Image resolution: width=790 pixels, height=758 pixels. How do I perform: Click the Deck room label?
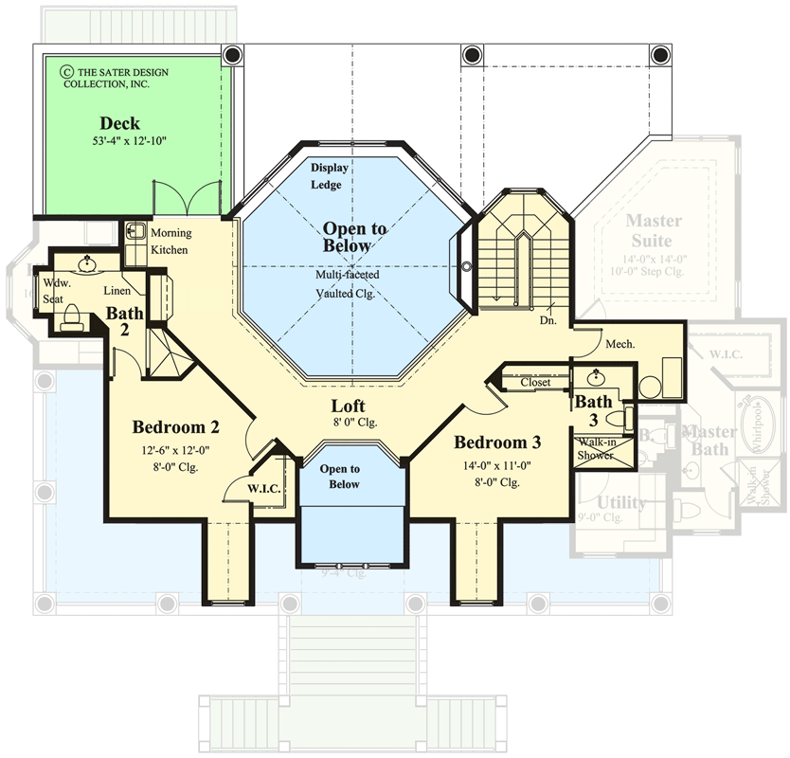(119, 123)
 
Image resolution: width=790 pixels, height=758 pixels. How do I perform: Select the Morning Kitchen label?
(171, 242)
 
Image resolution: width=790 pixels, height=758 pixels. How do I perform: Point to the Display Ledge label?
(331, 176)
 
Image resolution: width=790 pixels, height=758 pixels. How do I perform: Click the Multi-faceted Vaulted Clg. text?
(348, 283)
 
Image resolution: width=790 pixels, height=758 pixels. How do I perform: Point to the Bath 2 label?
(124, 321)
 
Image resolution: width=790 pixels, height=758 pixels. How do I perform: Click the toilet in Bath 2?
(72, 323)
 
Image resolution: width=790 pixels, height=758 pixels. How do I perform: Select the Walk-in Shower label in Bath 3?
(596, 449)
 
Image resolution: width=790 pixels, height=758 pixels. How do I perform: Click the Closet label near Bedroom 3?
(536, 383)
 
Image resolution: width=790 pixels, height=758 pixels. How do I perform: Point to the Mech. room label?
(619, 344)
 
